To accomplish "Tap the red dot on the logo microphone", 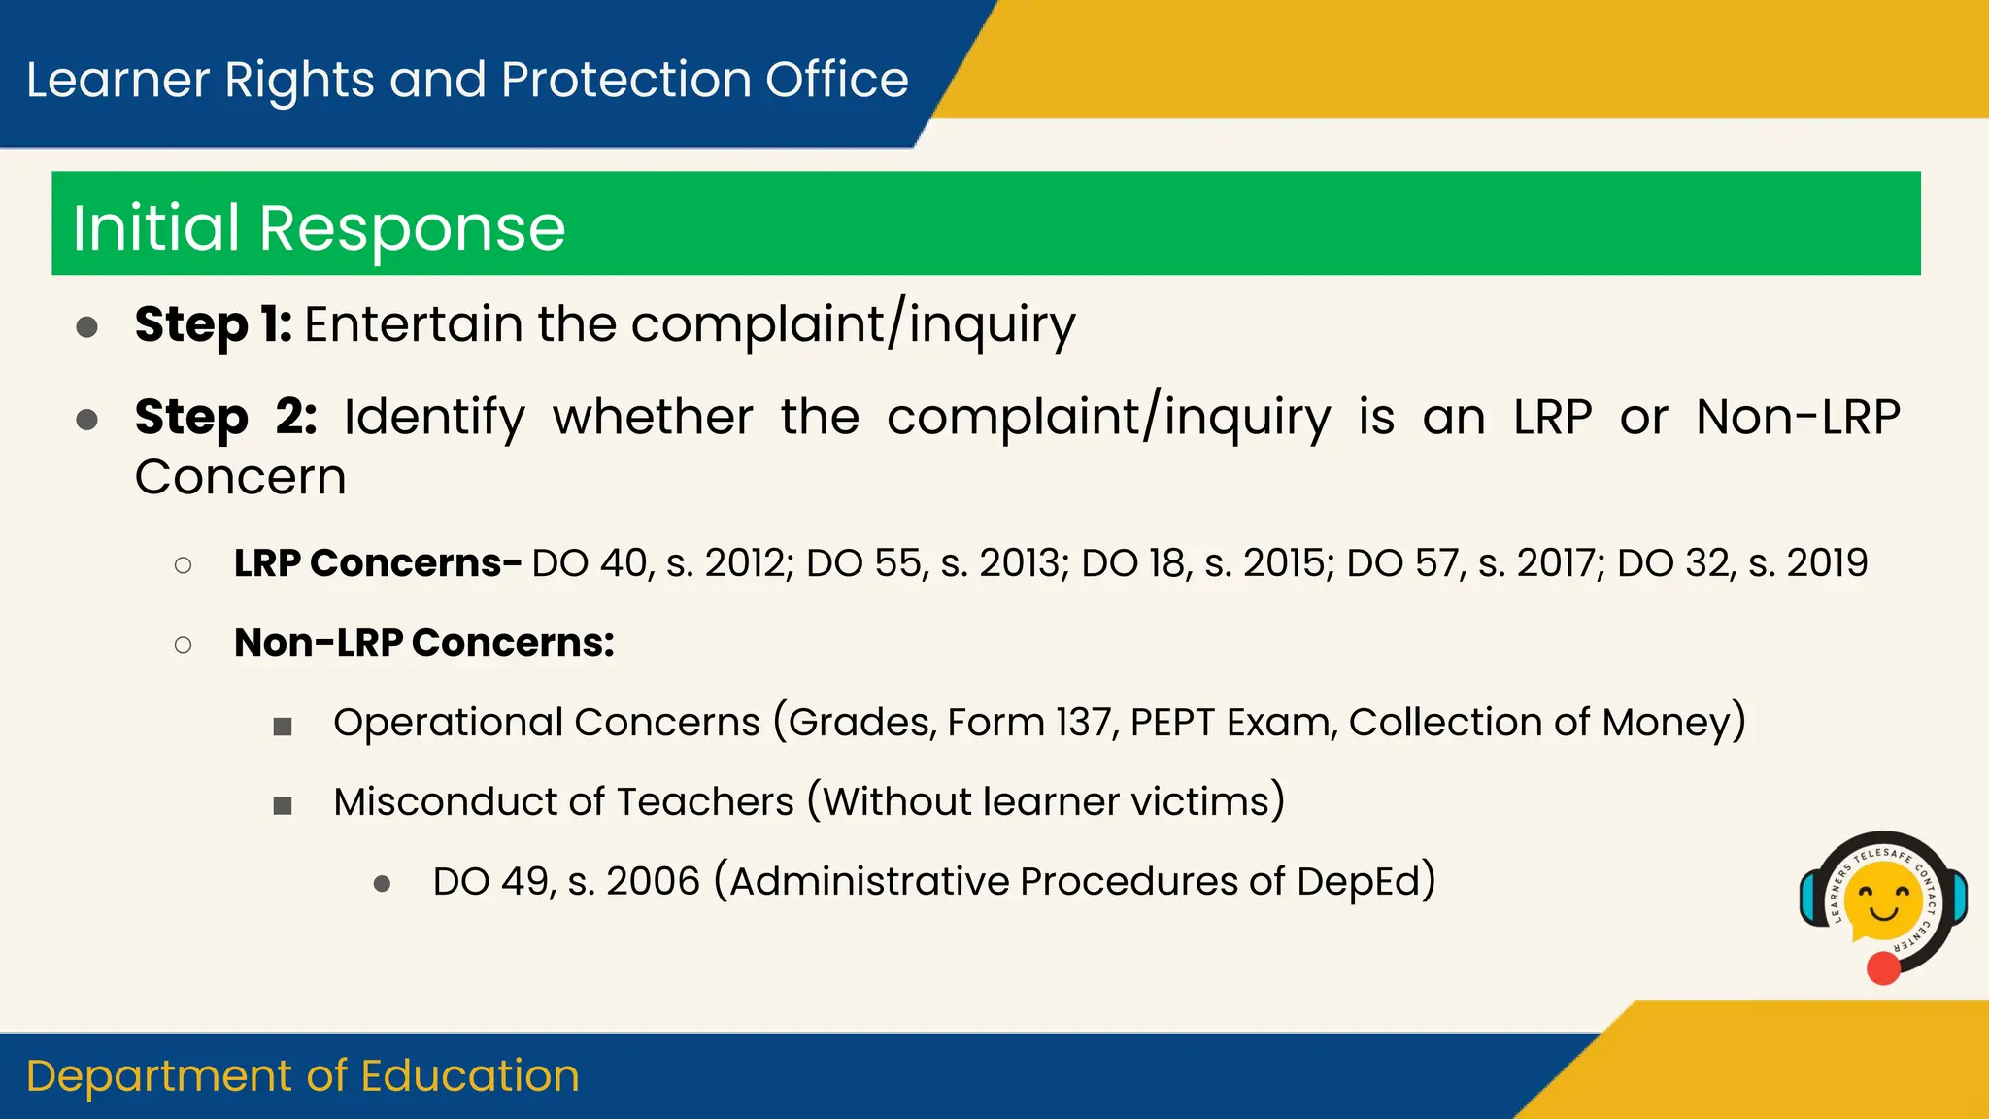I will coord(1883,968).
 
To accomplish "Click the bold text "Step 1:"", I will coord(214,323).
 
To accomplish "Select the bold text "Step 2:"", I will coord(226,417).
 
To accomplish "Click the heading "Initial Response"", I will coord(320,228).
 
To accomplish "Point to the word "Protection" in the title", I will coord(626,80).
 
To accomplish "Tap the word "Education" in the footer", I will coord(470,1076).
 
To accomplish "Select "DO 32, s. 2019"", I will coord(1742,563).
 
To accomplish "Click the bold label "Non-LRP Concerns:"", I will coord(424,643).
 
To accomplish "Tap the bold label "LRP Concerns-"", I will coord(378,563).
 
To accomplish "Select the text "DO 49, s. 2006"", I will coord(566,882).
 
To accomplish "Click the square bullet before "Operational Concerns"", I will coord(283,727).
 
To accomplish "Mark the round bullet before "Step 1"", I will coord(87,326).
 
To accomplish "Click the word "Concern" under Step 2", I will coord(241,477).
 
